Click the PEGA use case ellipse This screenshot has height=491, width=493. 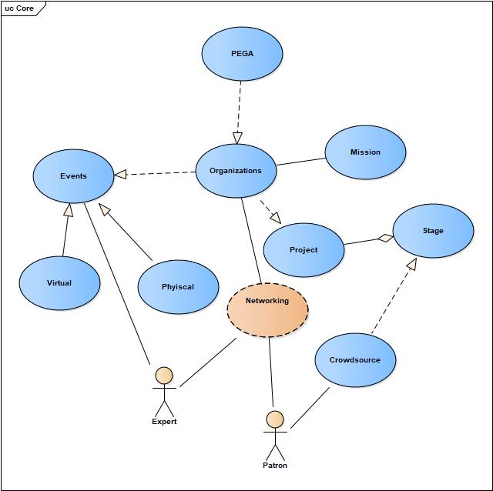pyautogui.click(x=242, y=55)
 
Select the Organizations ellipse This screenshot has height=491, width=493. pyautogui.click(x=236, y=171)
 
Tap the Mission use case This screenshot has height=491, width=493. pyautogui.click(x=365, y=152)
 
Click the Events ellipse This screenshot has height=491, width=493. pyautogui.click(x=73, y=176)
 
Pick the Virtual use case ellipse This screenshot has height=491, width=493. pyautogui.click(x=59, y=283)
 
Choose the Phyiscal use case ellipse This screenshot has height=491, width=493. pyautogui.click(x=178, y=287)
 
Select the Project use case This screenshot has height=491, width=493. pyautogui.click(x=304, y=250)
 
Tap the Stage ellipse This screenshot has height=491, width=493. pyautogui.click(x=433, y=231)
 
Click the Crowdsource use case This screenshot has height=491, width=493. pyautogui.click(x=355, y=360)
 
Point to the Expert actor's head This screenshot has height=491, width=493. pyautogui.click(x=163, y=376)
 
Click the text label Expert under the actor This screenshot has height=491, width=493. pyautogui.click(x=164, y=422)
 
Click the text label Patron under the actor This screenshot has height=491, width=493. pyautogui.click(x=275, y=466)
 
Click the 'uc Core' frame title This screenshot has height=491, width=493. pyautogui.click(x=20, y=8)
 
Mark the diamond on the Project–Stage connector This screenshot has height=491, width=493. pyautogui.click(x=384, y=238)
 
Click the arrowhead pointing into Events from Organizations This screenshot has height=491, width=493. pyautogui.click(x=120, y=175)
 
